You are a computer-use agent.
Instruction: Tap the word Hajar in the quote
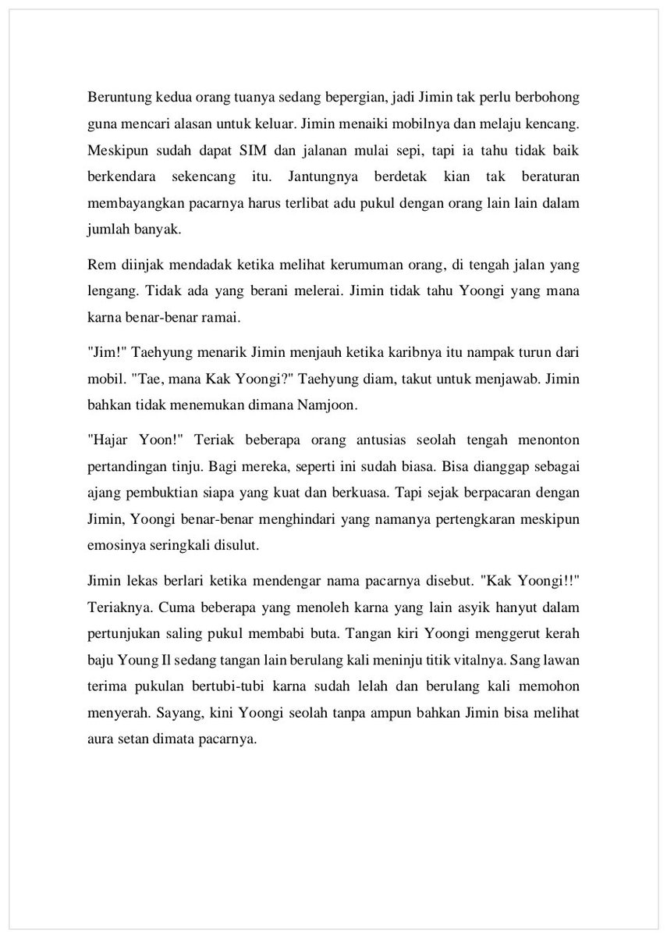point(105,441)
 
